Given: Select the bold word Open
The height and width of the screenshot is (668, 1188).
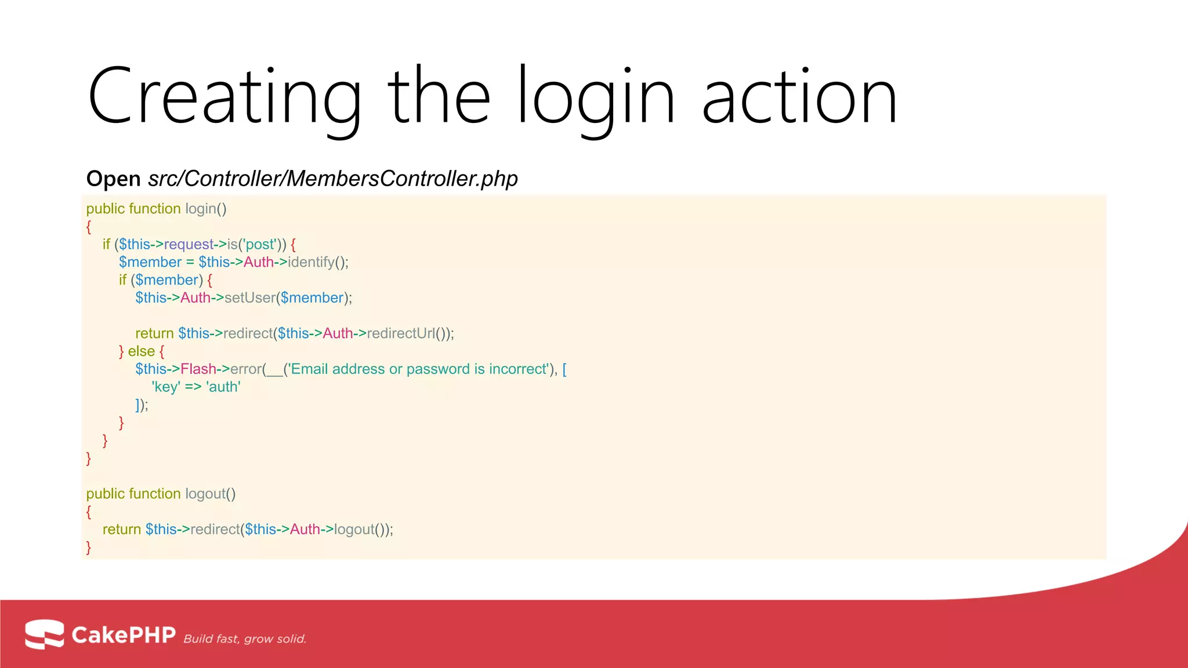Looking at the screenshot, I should point(113,179).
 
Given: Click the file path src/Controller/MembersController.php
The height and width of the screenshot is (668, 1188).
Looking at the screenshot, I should point(333,179).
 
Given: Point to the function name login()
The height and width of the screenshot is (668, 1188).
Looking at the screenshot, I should point(206,209).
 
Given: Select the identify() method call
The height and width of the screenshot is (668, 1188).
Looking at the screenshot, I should point(318,262).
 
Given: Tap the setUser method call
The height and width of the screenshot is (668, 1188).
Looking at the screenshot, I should point(249,298).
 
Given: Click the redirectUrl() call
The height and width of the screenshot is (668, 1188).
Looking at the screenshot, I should point(409,333).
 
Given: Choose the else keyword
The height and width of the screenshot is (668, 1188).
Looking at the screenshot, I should point(141,351).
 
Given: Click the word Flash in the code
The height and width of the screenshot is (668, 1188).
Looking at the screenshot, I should point(198,369).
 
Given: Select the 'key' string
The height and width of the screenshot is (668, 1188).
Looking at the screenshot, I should point(166,387).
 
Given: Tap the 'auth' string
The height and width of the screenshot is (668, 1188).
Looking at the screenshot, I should point(223,387).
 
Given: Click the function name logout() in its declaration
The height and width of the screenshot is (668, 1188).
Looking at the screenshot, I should point(210,494).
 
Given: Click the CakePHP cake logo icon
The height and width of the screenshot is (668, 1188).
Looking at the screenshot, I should point(44,634).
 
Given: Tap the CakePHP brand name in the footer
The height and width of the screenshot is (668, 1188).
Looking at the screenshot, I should point(124,635).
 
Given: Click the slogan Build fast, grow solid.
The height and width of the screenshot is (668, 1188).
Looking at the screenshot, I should point(245,639).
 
